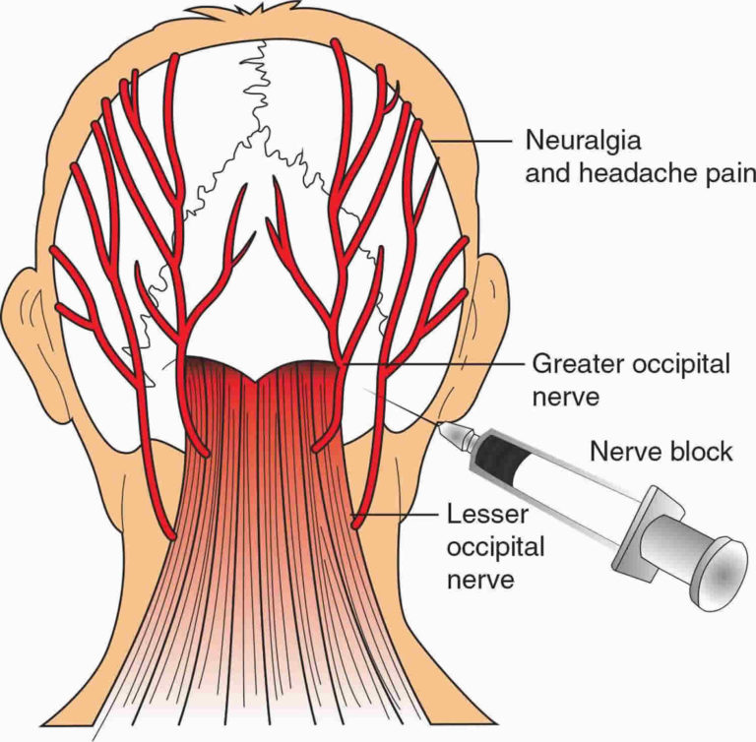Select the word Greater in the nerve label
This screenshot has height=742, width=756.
570,365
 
